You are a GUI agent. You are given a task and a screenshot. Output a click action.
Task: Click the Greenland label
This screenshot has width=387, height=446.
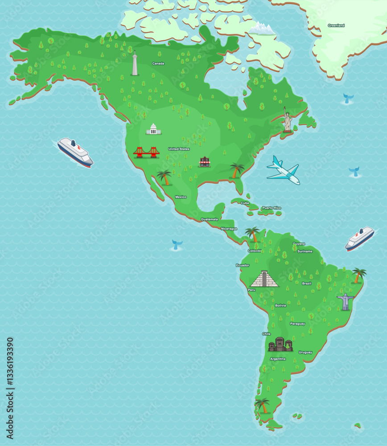coord(336,25)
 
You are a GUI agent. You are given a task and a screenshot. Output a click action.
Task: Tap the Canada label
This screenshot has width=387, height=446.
coord(158,63)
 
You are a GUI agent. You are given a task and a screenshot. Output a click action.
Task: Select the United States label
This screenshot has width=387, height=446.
coord(179,149)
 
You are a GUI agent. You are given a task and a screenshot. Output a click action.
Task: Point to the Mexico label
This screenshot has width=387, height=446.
coord(181,197)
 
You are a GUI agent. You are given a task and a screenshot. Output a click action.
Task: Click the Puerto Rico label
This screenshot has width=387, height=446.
coord(272,208)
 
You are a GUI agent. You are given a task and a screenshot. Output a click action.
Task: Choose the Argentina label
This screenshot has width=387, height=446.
coord(278,359)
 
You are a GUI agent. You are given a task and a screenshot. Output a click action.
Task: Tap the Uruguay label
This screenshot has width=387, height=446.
coord(305,352)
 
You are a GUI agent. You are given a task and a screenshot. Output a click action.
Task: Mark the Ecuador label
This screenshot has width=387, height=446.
coord(243,265)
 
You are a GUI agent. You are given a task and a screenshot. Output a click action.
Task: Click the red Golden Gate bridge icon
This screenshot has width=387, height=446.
coord(146,153)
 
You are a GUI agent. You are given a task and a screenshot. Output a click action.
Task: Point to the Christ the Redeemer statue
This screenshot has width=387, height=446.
coord(345,301)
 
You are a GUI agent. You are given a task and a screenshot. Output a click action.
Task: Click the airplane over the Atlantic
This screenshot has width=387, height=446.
coord(284,170)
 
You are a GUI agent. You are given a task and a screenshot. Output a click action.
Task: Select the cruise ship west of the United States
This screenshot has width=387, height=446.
coord(75,152)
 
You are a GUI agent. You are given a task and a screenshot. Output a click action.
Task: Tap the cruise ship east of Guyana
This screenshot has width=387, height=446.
coord(359,239)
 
